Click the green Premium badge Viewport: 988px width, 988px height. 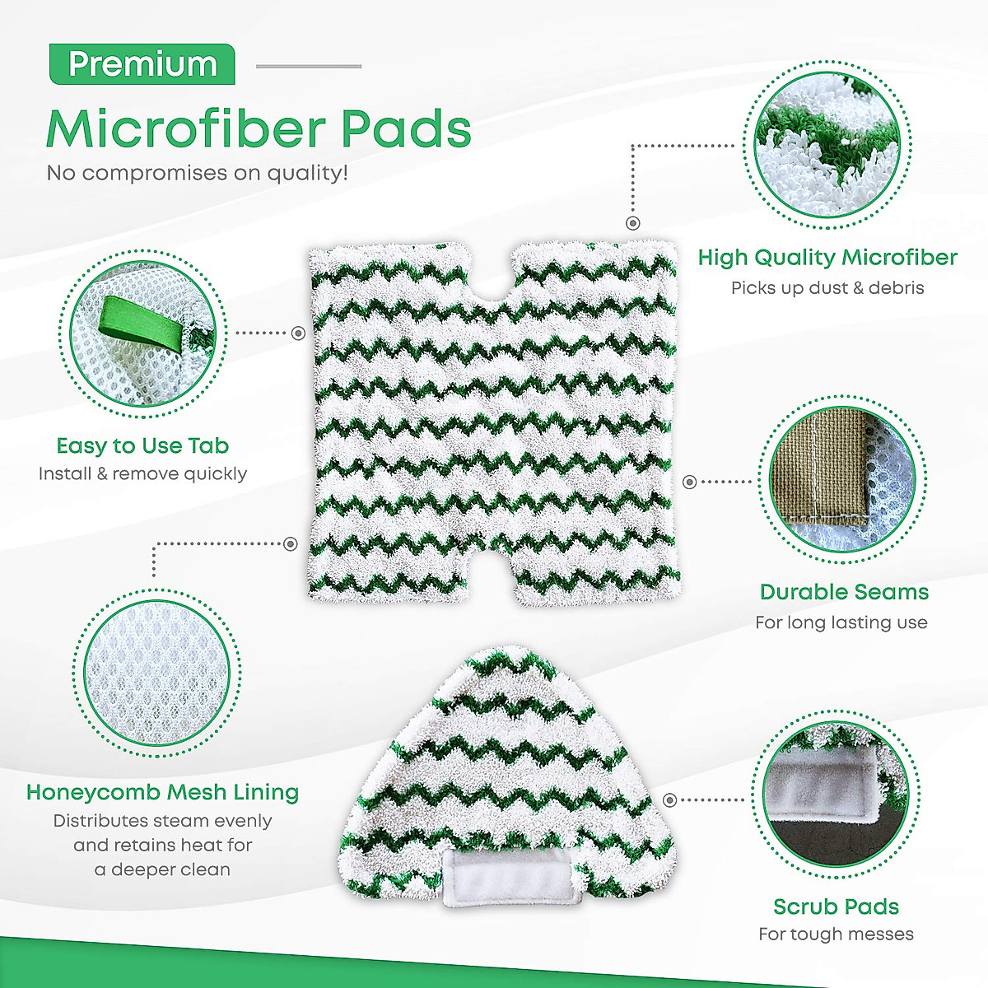(142, 64)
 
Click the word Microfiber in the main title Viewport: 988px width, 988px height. (181, 128)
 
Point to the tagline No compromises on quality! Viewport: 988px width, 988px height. (198, 173)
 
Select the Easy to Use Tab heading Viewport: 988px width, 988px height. (142, 445)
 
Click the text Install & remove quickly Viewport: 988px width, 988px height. (142, 473)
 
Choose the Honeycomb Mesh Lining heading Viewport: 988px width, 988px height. (162, 792)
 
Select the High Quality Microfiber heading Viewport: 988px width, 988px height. (827, 258)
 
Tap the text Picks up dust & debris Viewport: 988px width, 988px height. (827, 288)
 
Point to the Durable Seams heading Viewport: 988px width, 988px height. (844, 592)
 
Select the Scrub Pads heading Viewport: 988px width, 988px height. (836, 906)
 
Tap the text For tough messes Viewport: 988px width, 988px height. (836, 934)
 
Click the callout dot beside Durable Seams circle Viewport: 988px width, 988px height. (690, 482)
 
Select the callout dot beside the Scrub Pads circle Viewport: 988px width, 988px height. (669, 799)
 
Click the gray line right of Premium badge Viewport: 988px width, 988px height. (309, 66)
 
